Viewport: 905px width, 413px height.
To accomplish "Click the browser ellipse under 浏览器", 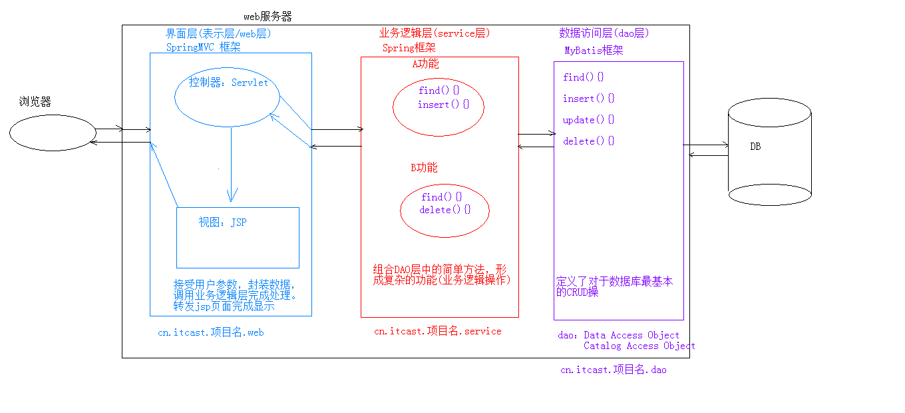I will click(53, 133).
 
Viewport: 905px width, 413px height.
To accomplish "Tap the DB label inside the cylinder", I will click(755, 147).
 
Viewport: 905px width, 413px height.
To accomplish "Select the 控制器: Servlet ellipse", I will click(228, 97).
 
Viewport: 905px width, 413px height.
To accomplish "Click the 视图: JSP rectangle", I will click(238, 238).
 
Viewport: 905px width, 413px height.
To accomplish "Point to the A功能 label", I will click(426, 65).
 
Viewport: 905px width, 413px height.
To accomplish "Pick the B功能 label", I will click(424, 168).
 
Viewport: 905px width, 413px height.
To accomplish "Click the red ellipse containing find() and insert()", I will click(438, 106).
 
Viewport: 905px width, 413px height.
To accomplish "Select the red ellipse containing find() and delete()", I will click(445, 210).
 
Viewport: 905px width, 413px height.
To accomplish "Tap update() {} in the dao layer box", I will click(588, 120).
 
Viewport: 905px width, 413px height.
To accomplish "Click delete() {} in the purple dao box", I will click(588, 141).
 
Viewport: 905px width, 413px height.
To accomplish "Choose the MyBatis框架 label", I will click(594, 51).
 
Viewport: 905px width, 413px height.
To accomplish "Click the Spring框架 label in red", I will click(409, 48).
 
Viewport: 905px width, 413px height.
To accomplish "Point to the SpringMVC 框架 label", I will click(204, 47).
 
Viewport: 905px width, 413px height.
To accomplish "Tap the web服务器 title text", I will click(268, 17).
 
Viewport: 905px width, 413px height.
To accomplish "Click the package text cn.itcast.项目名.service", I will click(437, 331).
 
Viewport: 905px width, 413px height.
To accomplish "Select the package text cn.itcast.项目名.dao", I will click(613, 370).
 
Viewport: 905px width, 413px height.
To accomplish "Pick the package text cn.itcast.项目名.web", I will click(210, 332).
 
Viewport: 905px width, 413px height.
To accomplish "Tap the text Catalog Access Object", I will click(639, 346).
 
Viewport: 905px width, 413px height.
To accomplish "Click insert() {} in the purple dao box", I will click(588, 99).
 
